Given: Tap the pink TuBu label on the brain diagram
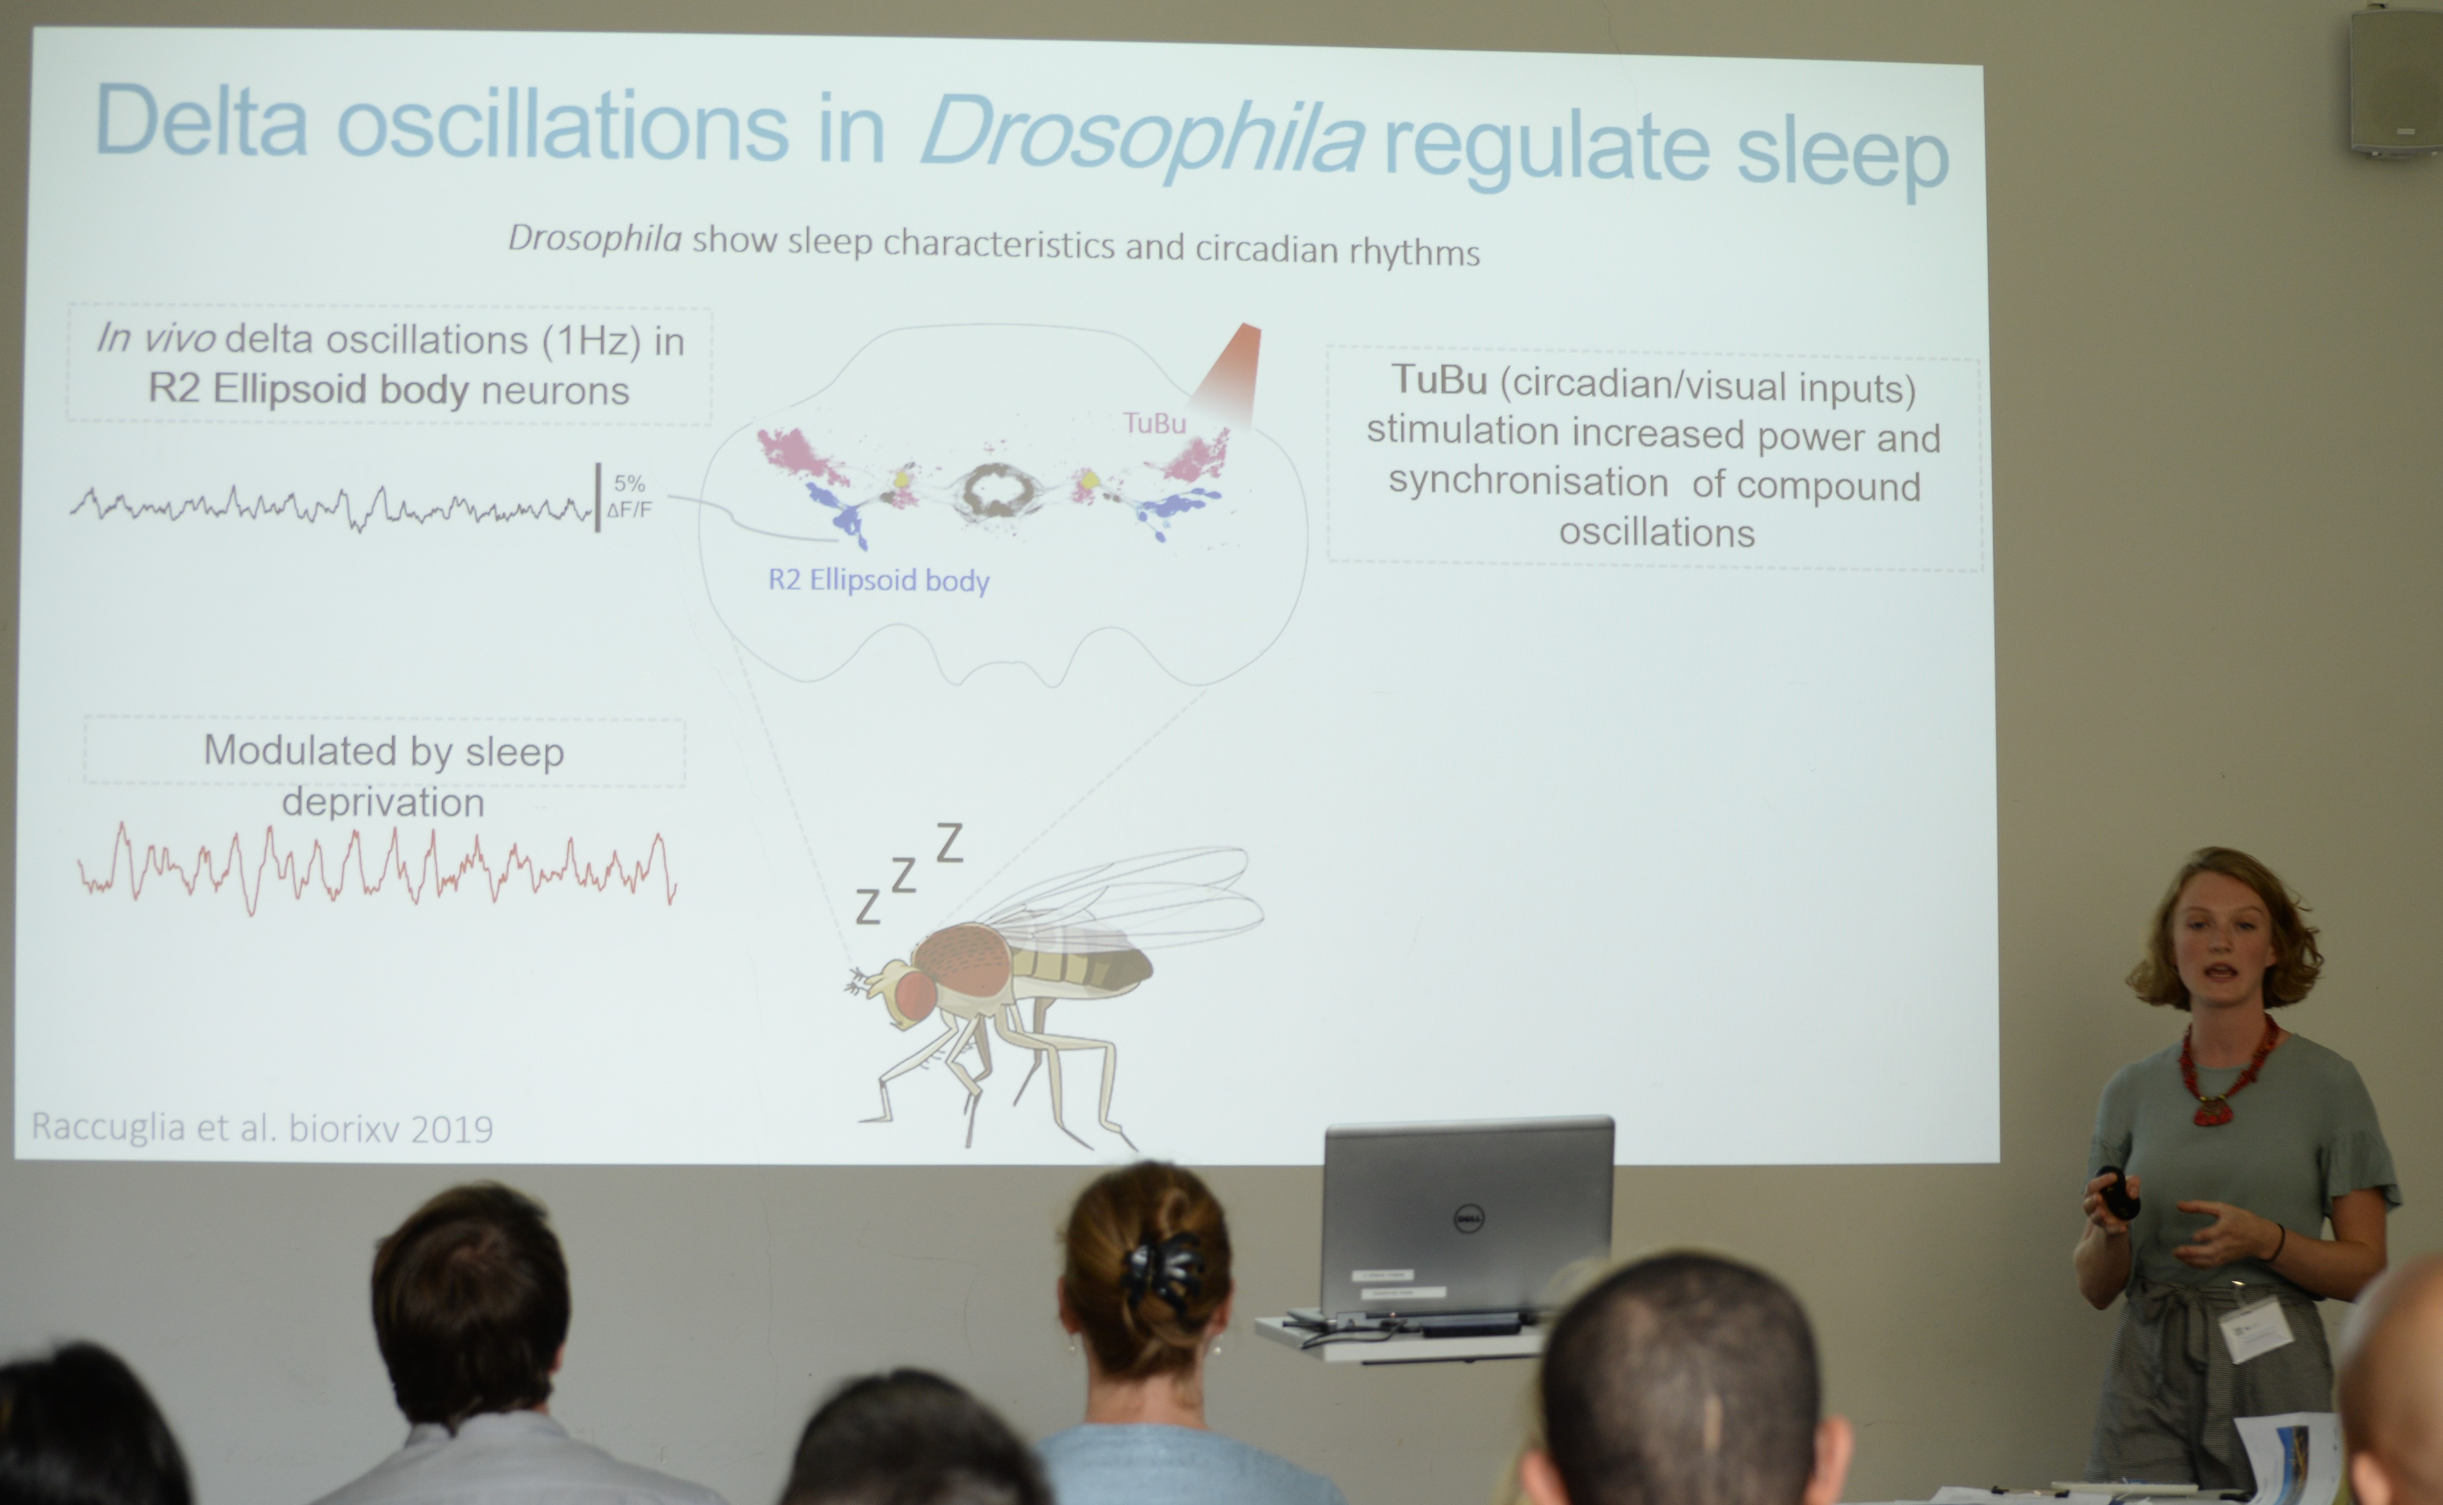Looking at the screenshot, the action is click(1154, 423).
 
